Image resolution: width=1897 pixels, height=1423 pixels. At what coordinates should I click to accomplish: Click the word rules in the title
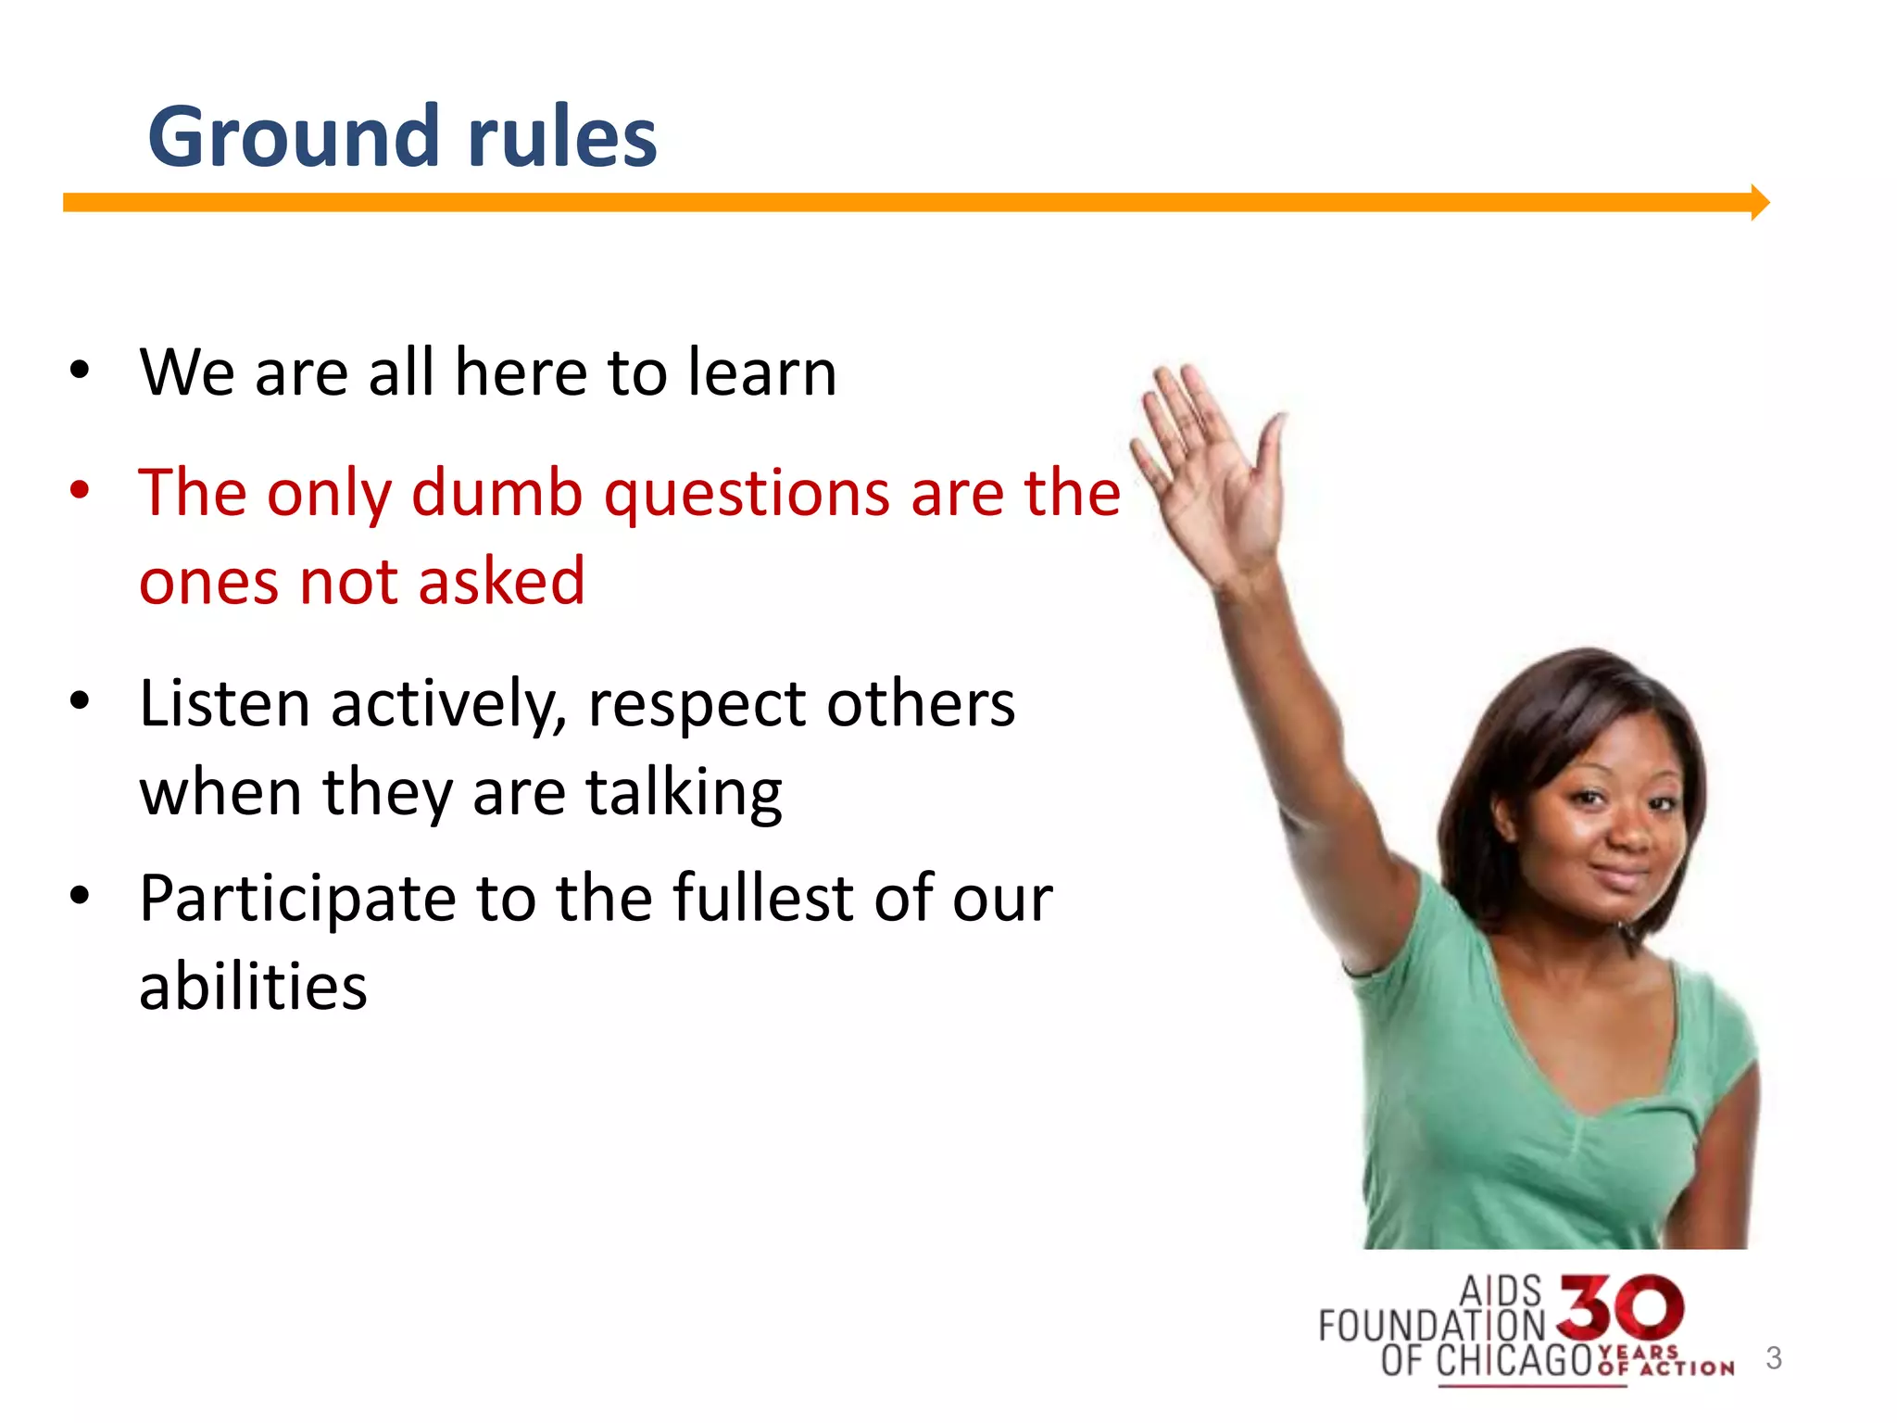pos(562,137)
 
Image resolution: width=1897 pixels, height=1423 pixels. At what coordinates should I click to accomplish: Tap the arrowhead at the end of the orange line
pos(1759,202)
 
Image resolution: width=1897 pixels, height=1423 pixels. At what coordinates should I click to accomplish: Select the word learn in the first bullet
pos(761,372)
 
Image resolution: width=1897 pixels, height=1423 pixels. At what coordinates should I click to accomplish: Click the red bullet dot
pos(80,490)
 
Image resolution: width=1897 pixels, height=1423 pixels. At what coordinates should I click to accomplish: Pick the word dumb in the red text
pos(496,493)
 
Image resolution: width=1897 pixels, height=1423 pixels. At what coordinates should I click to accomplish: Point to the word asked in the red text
pos(501,582)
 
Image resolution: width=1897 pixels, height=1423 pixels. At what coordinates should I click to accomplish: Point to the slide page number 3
pos(1773,1358)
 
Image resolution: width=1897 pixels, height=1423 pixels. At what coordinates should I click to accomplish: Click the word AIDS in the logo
pos(1500,1291)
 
